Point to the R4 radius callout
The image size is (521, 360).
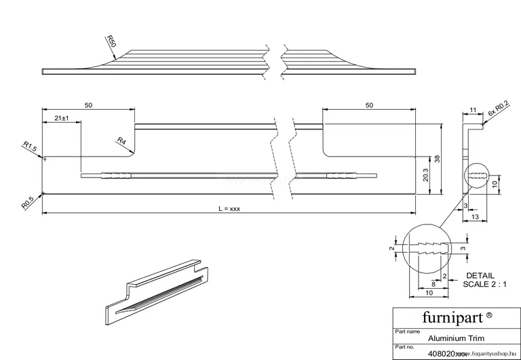(121, 141)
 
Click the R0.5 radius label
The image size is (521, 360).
(27, 201)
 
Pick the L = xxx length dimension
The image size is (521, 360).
(229, 209)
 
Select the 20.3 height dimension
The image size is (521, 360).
(425, 175)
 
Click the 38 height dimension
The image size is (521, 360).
(438, 159)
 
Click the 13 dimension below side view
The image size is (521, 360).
(474, 216)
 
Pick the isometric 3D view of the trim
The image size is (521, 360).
(154, 291)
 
